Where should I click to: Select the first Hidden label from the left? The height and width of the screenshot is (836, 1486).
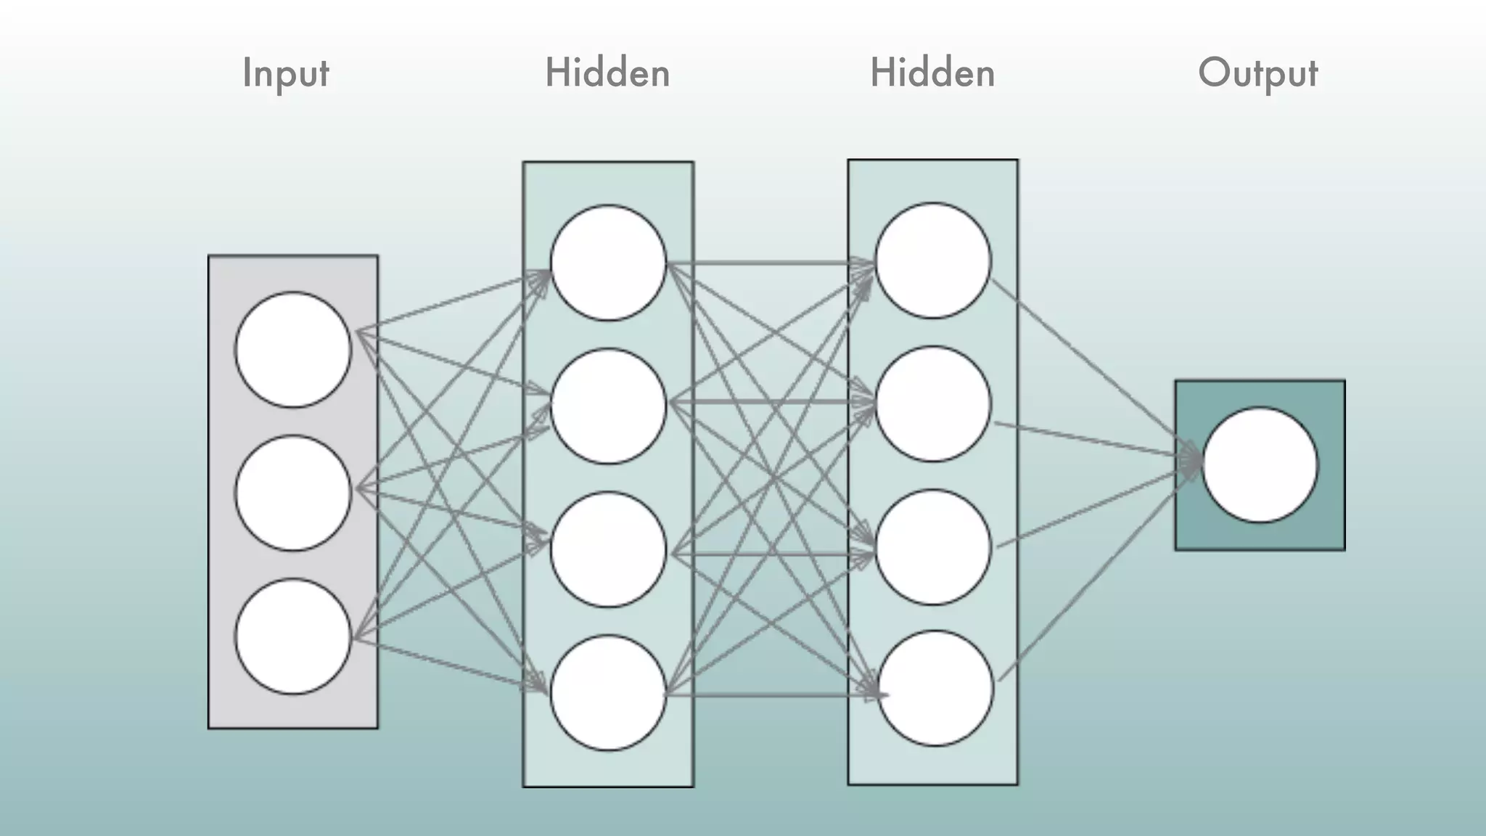point(607,73)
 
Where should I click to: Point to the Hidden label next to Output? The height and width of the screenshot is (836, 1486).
point(932,73)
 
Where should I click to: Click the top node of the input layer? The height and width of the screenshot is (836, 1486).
point(293,349)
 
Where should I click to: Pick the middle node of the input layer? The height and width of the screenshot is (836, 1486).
point(293,493)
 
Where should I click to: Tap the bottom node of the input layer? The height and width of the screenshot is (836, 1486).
point(293,636)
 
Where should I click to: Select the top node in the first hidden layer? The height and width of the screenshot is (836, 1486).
point(608,262)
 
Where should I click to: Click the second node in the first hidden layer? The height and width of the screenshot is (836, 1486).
point(608,406)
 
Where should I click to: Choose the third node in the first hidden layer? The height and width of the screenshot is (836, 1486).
point(608,549)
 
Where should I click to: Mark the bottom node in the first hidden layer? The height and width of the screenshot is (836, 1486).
point(608,692)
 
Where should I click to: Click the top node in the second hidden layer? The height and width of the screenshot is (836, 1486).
point(933,260)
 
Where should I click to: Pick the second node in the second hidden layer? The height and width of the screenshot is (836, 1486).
point(933,403)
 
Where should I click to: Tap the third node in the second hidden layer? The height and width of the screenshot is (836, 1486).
point(933,547)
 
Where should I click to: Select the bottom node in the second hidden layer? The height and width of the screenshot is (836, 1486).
point(935,688)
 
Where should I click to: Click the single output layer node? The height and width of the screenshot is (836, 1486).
point(1260,464)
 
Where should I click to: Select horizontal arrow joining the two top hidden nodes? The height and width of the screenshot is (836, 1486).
point(769,263)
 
